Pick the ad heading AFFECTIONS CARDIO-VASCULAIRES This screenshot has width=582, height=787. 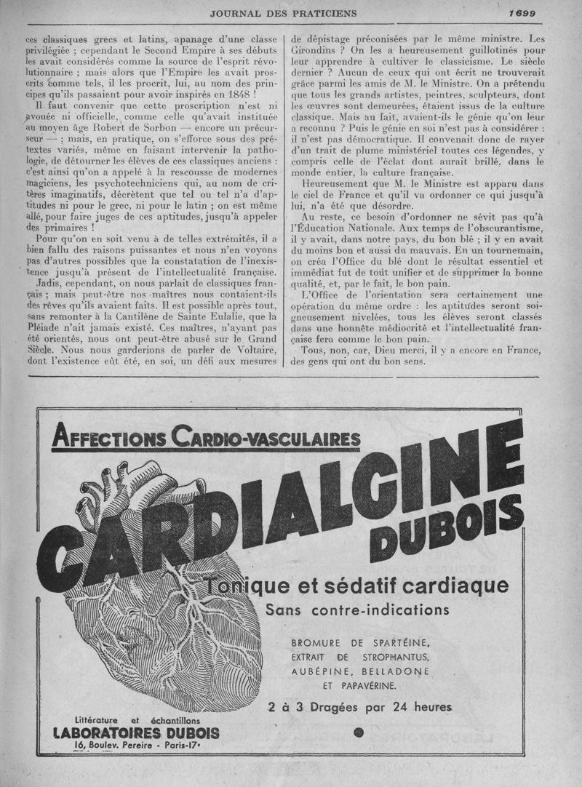coord(207,439)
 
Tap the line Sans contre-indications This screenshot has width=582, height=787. coord(357,609)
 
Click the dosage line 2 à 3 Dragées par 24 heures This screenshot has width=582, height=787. coord(359,706)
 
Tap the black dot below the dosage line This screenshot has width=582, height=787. coord(358,733)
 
